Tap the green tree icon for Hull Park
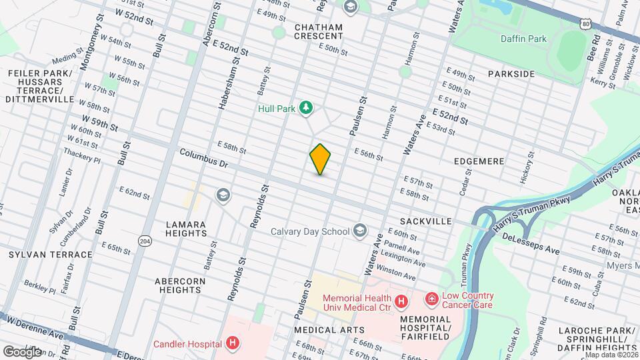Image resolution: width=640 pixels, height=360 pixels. point(306,107)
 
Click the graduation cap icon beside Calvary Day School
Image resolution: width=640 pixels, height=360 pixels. point(360,231)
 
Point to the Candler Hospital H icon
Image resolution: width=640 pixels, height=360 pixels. point(232,344)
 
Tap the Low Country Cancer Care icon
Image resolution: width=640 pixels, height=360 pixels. point(431,299)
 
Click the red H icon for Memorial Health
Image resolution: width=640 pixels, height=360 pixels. point(401,302)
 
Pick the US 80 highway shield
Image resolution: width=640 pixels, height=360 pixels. point(585,24)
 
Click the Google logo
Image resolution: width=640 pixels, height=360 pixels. point(22,351)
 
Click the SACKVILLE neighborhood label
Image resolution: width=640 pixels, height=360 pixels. point(426,221)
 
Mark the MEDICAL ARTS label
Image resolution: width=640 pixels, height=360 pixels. point(329,330)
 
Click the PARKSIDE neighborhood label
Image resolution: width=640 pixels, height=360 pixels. point(511,73)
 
